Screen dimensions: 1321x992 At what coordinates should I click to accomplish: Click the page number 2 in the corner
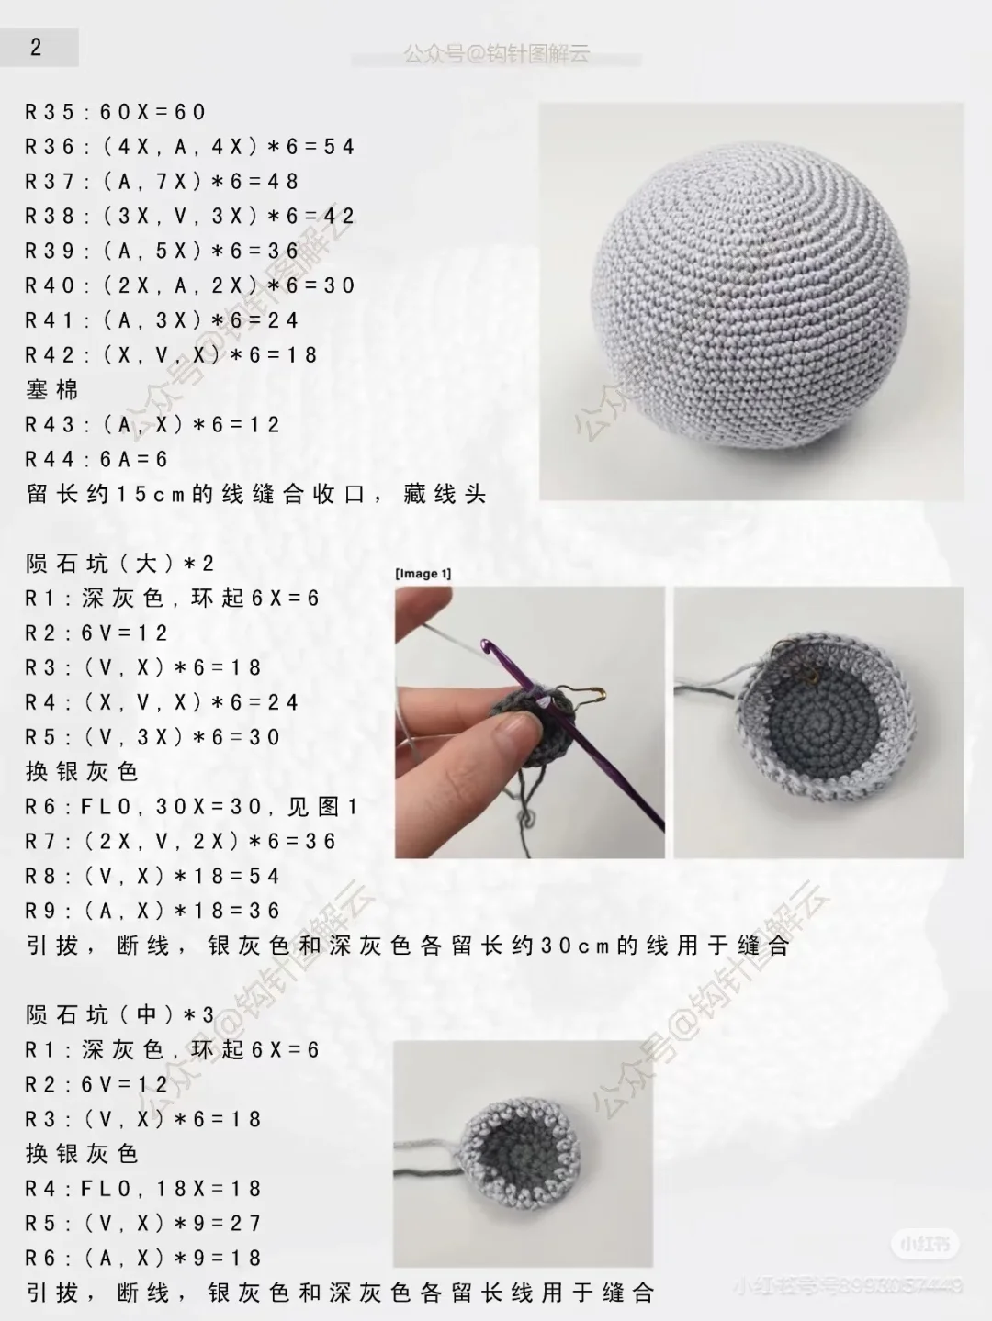[36, 48]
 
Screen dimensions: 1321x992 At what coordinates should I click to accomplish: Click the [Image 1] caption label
[423, 574]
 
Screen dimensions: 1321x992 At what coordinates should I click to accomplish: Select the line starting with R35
[116, 112]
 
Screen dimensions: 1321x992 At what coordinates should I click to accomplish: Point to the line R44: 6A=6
[96, 459]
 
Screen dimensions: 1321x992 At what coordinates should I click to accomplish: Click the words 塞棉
[52, 390]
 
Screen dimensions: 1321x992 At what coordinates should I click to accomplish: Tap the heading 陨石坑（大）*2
[119, 563]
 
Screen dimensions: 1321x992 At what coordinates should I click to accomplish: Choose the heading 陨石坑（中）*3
[119, 1014]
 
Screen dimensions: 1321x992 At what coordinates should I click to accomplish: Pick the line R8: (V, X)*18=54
[152, 876]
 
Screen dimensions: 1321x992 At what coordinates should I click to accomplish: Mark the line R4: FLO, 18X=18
[143, 1189]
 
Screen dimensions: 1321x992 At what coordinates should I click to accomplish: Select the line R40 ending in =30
[189, 285]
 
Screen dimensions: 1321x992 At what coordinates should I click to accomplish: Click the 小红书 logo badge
[924, 1245]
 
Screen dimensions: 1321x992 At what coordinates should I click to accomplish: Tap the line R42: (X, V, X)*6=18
[171, 355]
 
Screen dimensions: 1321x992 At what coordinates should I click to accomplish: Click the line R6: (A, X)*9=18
[143, 1258]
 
